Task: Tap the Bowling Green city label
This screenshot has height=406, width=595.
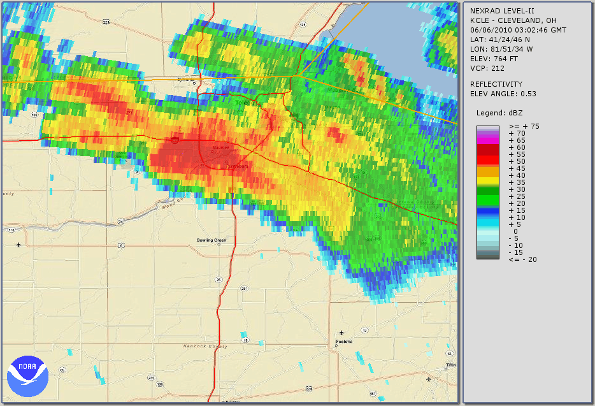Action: pos(211,240)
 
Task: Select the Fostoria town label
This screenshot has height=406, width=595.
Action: pos(344,342)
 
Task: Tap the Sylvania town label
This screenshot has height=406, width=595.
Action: pos(185,80)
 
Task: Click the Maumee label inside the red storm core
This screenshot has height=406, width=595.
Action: pos(220,148)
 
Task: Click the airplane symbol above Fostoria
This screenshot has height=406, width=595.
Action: pos(342,332)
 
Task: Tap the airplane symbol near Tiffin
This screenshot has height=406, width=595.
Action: pos(429,380)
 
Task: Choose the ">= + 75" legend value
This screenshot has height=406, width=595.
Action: pos(524,126)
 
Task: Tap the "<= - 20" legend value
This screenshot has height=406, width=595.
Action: pos(522,259)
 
